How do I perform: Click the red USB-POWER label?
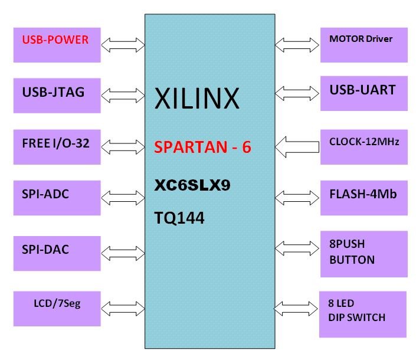tap(55, 40)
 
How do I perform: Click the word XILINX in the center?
tap(197, 99)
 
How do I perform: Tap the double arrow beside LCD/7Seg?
tap(123, 307)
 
